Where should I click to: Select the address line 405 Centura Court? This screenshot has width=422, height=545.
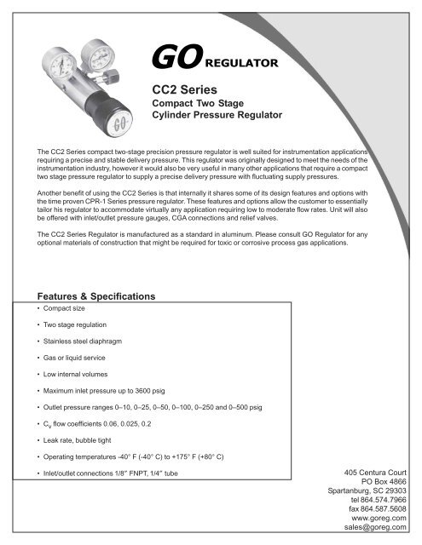381,471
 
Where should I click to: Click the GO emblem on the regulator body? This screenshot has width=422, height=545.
113,119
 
